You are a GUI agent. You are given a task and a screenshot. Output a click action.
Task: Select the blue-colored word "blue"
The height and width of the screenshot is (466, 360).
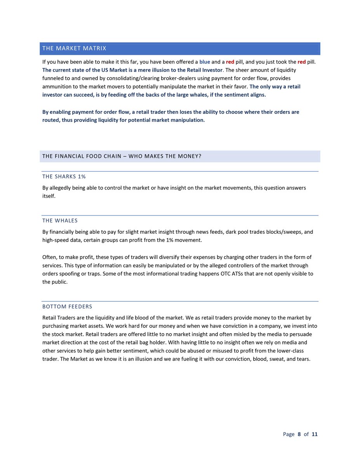click(205, 62)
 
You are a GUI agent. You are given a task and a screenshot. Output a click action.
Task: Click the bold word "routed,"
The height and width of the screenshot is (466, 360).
click(51, 120)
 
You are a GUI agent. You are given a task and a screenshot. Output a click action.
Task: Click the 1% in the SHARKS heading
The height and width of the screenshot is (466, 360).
click(81, 177)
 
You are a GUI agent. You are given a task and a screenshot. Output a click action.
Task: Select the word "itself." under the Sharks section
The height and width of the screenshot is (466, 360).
click(49, 196)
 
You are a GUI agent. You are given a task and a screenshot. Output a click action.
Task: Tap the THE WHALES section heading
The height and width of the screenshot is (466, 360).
click(60, 221)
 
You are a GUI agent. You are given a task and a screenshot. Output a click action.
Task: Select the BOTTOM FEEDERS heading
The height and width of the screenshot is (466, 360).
click(67, 307)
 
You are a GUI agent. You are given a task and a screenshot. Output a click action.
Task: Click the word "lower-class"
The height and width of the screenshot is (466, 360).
click(290, 351)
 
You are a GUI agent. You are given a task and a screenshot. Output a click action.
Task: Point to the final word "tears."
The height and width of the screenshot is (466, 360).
click(302, 359)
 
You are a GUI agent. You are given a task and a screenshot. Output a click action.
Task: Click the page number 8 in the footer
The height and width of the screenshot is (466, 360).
click(299, 434)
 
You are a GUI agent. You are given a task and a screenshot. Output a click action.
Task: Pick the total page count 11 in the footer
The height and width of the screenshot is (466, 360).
click(315, 434)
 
